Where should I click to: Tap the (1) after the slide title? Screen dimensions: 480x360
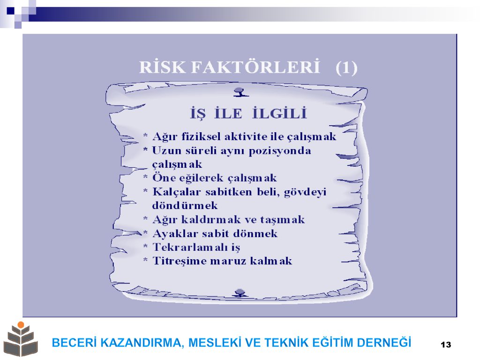346,67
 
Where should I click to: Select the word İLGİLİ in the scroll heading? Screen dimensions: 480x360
279,113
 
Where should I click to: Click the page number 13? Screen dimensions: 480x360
446,345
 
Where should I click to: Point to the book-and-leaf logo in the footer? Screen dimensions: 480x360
21,339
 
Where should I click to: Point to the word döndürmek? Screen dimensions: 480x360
185,205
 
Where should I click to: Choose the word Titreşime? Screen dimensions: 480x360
180,261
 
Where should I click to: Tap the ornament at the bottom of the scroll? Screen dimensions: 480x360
240,293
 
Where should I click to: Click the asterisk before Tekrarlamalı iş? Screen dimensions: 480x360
146,246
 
